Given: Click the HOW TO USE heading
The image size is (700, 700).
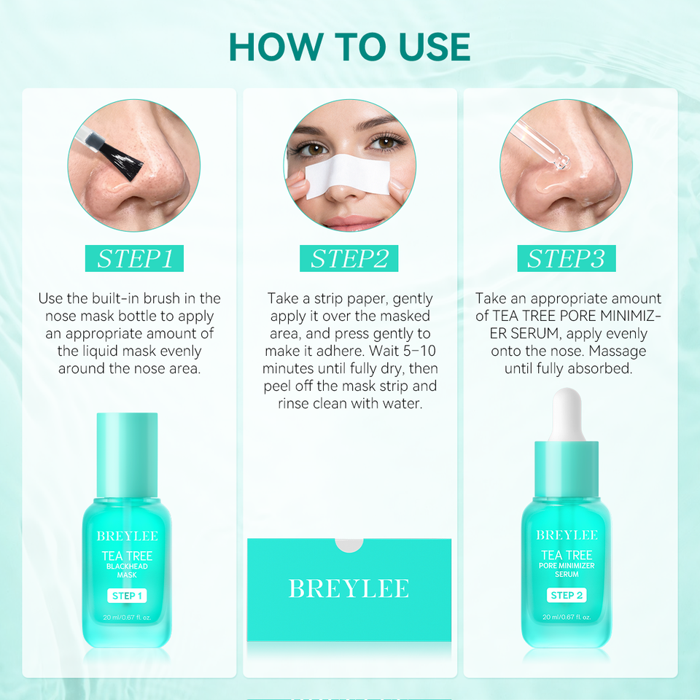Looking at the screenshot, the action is pos(349,47).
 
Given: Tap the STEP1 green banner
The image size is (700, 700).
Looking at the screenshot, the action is pos(134,258).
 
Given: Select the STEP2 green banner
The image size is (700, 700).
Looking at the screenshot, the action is pos(349,258).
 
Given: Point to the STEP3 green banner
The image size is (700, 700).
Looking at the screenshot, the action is pos(567,258).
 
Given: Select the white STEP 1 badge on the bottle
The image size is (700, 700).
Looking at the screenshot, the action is pos(127,596).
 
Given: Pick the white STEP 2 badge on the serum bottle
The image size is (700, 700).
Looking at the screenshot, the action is pos(567,595).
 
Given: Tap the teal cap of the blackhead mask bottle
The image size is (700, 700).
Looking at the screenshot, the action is pos(127,455).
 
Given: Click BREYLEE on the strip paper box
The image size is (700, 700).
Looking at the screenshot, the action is pos(349,588).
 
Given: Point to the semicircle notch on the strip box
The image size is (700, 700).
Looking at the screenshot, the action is pos(349,545).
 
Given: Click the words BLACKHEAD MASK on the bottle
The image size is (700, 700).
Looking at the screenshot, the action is pos(127,570).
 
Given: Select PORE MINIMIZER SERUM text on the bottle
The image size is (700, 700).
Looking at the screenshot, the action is pos(567,569).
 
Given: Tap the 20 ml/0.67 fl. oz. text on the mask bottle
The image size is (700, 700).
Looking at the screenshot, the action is pos(127,618).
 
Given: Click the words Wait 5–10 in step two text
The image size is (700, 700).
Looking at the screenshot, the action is pos(402,351).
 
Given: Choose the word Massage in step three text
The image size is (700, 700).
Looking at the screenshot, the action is pos(618,351).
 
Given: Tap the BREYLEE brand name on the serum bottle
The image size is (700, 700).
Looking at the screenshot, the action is pos(567,534).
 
